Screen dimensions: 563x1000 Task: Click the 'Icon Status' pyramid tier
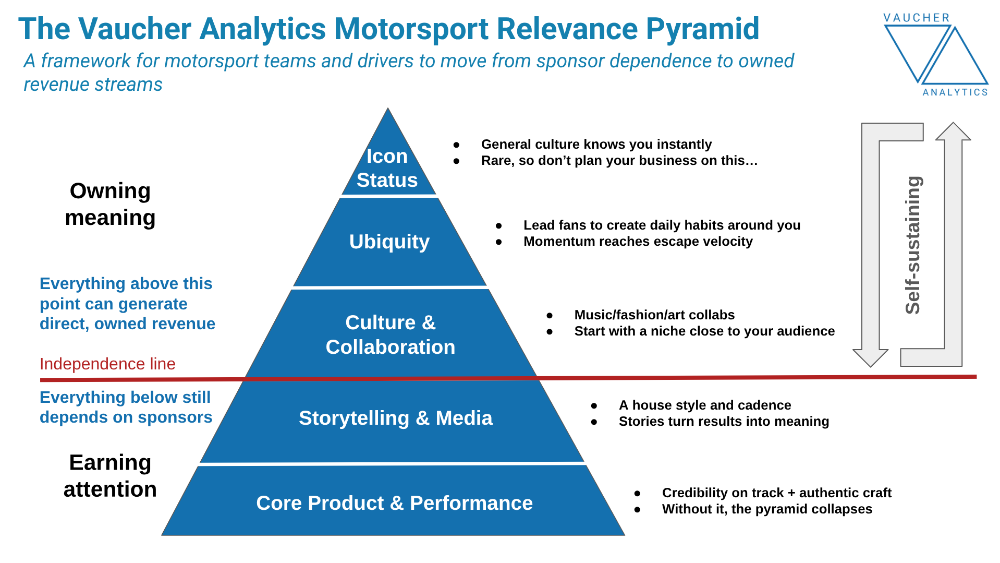[387, 168]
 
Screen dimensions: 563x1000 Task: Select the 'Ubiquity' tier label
[389, 242]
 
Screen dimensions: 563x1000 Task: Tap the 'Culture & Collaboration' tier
[391, 334]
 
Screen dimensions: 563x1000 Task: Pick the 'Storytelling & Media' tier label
[395, 418]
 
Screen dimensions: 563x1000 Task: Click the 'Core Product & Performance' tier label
[394, 503]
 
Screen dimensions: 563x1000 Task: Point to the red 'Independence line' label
[107, 364]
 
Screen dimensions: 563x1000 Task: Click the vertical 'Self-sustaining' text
[912, 245]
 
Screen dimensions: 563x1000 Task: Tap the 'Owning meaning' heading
[110, 204]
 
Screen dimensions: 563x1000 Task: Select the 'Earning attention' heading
[110, 476]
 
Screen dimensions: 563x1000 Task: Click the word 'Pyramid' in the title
[702, 29]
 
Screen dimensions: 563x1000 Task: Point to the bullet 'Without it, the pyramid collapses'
[766, 509]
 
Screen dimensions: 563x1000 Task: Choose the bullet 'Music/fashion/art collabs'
[654, 315]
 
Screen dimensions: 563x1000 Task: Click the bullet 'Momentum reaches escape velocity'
[638, 241]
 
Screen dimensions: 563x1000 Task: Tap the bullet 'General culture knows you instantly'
[596, 144]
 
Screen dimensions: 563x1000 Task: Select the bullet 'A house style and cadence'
[704, 405]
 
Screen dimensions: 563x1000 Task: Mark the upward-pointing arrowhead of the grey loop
[953, 131]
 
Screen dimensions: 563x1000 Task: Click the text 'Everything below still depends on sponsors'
[126, 407]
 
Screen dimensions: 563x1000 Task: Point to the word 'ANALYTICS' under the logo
[955, 92]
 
